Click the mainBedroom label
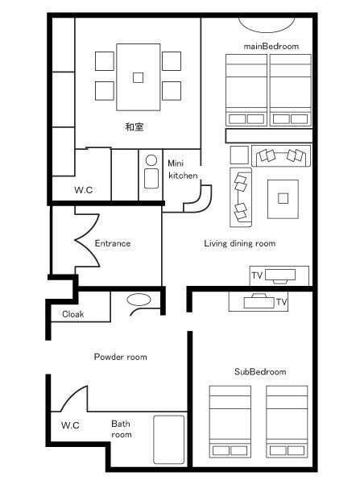point(271,46)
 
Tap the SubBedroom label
point(260,371)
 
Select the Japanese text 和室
point(134,126)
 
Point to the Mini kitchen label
point(183,169)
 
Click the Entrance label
point(112,243)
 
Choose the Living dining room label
point(240,243)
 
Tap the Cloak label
point(72,314)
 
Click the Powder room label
point(120,357)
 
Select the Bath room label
point(122,429)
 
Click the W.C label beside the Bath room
point(70,425)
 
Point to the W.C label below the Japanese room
point(83,190)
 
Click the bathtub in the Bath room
point(169,439)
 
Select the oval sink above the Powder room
point(139,300)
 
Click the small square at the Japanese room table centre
point(138,77)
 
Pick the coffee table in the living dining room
point(283,199)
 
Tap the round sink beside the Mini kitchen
point(151,160)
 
